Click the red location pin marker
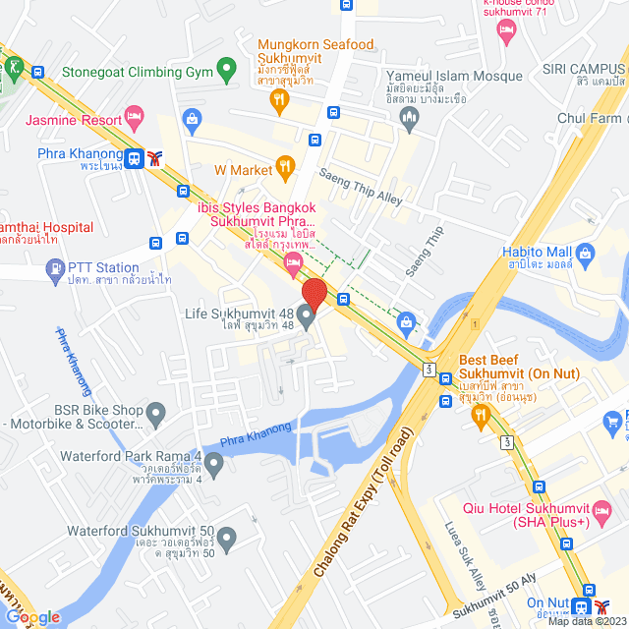pos(314,293)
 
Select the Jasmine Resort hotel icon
pos(135,120)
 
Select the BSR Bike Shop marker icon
pos(155,416)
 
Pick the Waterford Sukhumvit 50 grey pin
pos(226,539)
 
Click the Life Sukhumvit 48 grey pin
pos(306,315)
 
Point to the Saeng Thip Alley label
pos(362,186)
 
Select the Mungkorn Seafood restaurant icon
pos(280,97)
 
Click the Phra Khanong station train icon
pos(134,157)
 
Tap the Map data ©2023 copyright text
pos(586,621)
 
